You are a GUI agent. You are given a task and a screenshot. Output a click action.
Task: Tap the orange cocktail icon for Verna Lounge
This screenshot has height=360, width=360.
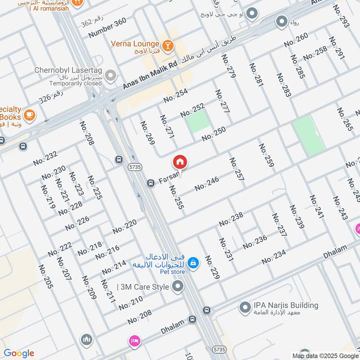pyautogui.click(x=167, y=45)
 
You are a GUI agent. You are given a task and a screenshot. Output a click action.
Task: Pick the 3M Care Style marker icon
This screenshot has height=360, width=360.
pyautogui.click(x=179, y=286)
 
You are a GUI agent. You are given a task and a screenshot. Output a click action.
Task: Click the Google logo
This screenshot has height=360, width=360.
pyautogui.click(x=19, y=353)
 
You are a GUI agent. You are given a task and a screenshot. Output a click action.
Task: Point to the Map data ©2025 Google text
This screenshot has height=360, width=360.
pyautogui.click(x=324, y=355)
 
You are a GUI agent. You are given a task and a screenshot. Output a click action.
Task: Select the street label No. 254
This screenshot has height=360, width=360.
pyautogui.click(x=175, y=96)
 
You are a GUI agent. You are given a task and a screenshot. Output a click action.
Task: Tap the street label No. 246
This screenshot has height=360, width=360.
pyautogui.click(x=207, y=184)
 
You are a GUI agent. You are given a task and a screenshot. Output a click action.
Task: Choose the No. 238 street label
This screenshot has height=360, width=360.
pyautogui.click(x=231, y=220)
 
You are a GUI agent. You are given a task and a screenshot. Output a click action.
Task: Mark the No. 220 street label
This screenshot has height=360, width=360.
pyautogui.click(x=125, y=227)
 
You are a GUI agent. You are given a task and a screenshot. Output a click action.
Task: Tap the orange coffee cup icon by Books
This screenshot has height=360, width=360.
pyautogui.click(x=29, y=115)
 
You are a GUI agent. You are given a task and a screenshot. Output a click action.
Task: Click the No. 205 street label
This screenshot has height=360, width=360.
pyautogui.click(x=45, y=276)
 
